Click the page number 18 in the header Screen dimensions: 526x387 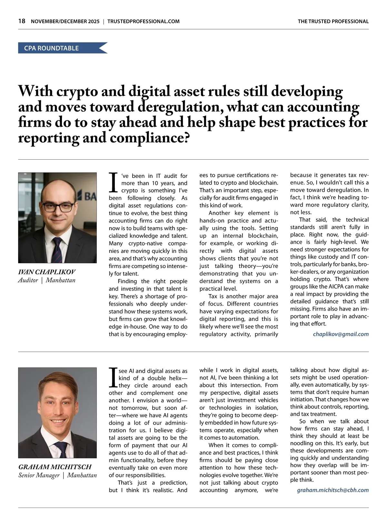pos(22,21)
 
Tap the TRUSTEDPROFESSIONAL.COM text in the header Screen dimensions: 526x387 pos(144,22)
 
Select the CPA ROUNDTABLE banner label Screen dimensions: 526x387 pos(51,48)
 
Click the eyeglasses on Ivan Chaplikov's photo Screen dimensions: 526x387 pos(58,207)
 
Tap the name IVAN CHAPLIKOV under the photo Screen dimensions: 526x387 pos(47,272)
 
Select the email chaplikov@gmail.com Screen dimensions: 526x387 pos(341,334)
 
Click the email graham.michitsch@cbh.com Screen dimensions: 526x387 pos(332,490)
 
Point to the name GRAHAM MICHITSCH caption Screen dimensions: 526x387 pos(55,467)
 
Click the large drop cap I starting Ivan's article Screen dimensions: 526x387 pos(113,183)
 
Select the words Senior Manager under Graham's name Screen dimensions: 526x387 pos(39,475)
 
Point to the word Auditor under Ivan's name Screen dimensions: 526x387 pos(28,280)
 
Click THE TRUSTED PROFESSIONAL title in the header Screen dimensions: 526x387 pos(333,22)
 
